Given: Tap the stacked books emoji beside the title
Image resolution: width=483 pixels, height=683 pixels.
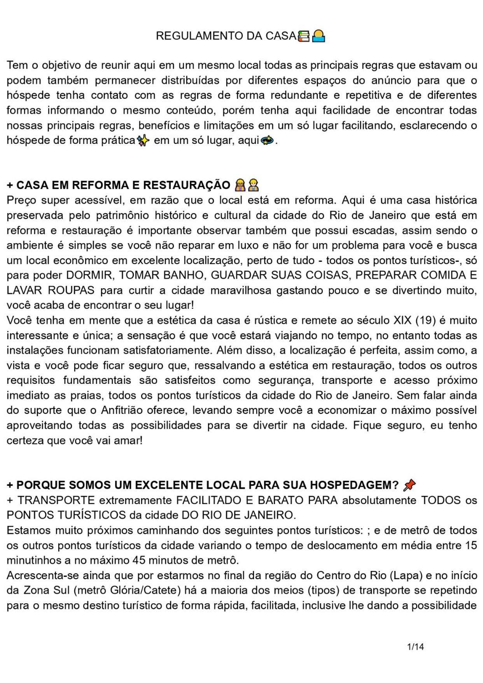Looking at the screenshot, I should point(304,36).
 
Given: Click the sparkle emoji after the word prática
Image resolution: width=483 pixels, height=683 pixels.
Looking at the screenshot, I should point(143,141).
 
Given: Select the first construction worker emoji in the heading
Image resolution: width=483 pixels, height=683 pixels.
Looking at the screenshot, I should point(240,185).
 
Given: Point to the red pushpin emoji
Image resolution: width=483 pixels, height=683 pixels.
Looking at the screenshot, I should point(409,485).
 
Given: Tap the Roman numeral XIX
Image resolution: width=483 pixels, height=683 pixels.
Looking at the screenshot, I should point(403,320).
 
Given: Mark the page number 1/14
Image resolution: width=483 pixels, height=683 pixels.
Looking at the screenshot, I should point(415,647).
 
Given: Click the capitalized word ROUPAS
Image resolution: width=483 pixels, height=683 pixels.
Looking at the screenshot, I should point(71,291).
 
